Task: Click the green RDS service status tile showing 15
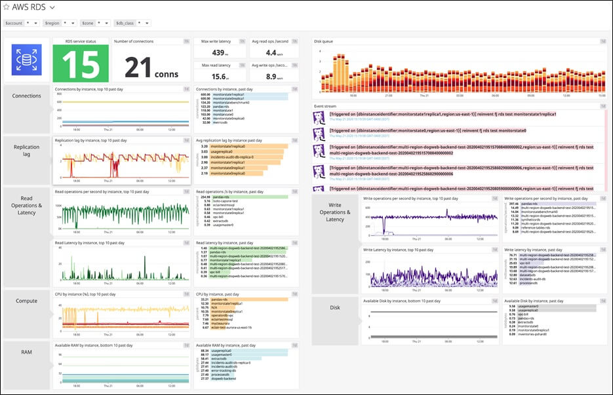pos(81,64)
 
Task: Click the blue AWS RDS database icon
pos(26,60)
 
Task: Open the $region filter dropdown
pos(66,23)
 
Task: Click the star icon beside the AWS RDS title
pos(7,7)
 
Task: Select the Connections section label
pos(27,96)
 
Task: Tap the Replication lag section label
pos(27,151)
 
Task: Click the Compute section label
pos(27,301)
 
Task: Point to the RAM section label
pos(27,352)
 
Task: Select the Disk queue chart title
pos(324,41)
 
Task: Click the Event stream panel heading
pos(325,105)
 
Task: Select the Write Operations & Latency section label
pos(335,212)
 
